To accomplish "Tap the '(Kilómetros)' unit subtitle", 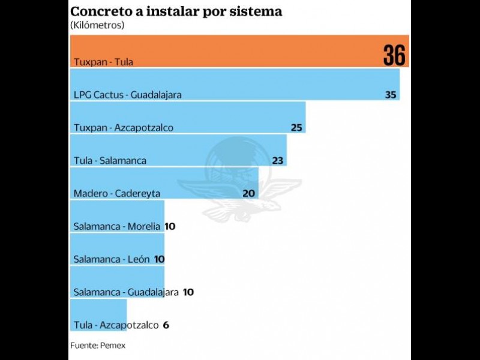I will (97, 25).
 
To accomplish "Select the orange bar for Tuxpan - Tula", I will (228, 51).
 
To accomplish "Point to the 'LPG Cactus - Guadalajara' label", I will (127, 95).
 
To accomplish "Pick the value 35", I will (391, 95).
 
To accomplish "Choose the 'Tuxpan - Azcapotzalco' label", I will (123, 128).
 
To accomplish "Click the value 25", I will (296, 128).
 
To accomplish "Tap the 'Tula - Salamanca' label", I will (110, 161).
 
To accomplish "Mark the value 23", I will (277, 161).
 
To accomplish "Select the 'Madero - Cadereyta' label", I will (116, 193).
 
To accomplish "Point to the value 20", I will (249, 193).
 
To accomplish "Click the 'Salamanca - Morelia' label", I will (116, 226).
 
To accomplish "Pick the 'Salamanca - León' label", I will (111, 259).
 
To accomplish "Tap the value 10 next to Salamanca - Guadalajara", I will (188, 292).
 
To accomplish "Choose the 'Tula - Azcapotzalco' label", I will (116, 325).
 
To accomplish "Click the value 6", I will (166, 325).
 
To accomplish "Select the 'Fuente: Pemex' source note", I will (97, 346).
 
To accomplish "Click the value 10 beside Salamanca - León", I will (159, 259).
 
